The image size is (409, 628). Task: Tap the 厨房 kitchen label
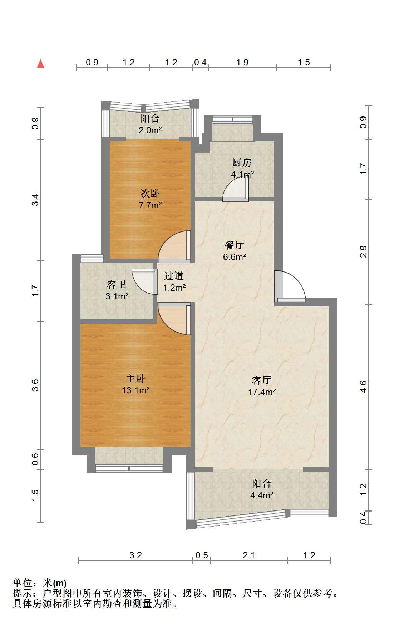point(242,163)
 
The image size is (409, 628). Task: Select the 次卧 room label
point(150,194)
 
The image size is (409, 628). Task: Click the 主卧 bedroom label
point(135,378)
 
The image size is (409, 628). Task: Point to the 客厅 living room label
point(262,380)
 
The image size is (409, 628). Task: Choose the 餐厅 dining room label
point(235,245)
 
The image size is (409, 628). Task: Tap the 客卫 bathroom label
point(117,285)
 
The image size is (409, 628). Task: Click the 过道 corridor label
point(174,276)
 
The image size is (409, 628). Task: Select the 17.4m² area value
point(262,392)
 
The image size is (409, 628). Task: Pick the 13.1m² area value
point(135,390)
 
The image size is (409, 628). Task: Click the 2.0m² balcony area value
point(150,130)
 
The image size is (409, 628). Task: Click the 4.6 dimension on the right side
point(363,387)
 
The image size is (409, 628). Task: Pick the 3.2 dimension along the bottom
point(135,555)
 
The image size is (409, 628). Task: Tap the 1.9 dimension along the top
point(242,62)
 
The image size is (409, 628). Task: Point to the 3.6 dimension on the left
point(35,385)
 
